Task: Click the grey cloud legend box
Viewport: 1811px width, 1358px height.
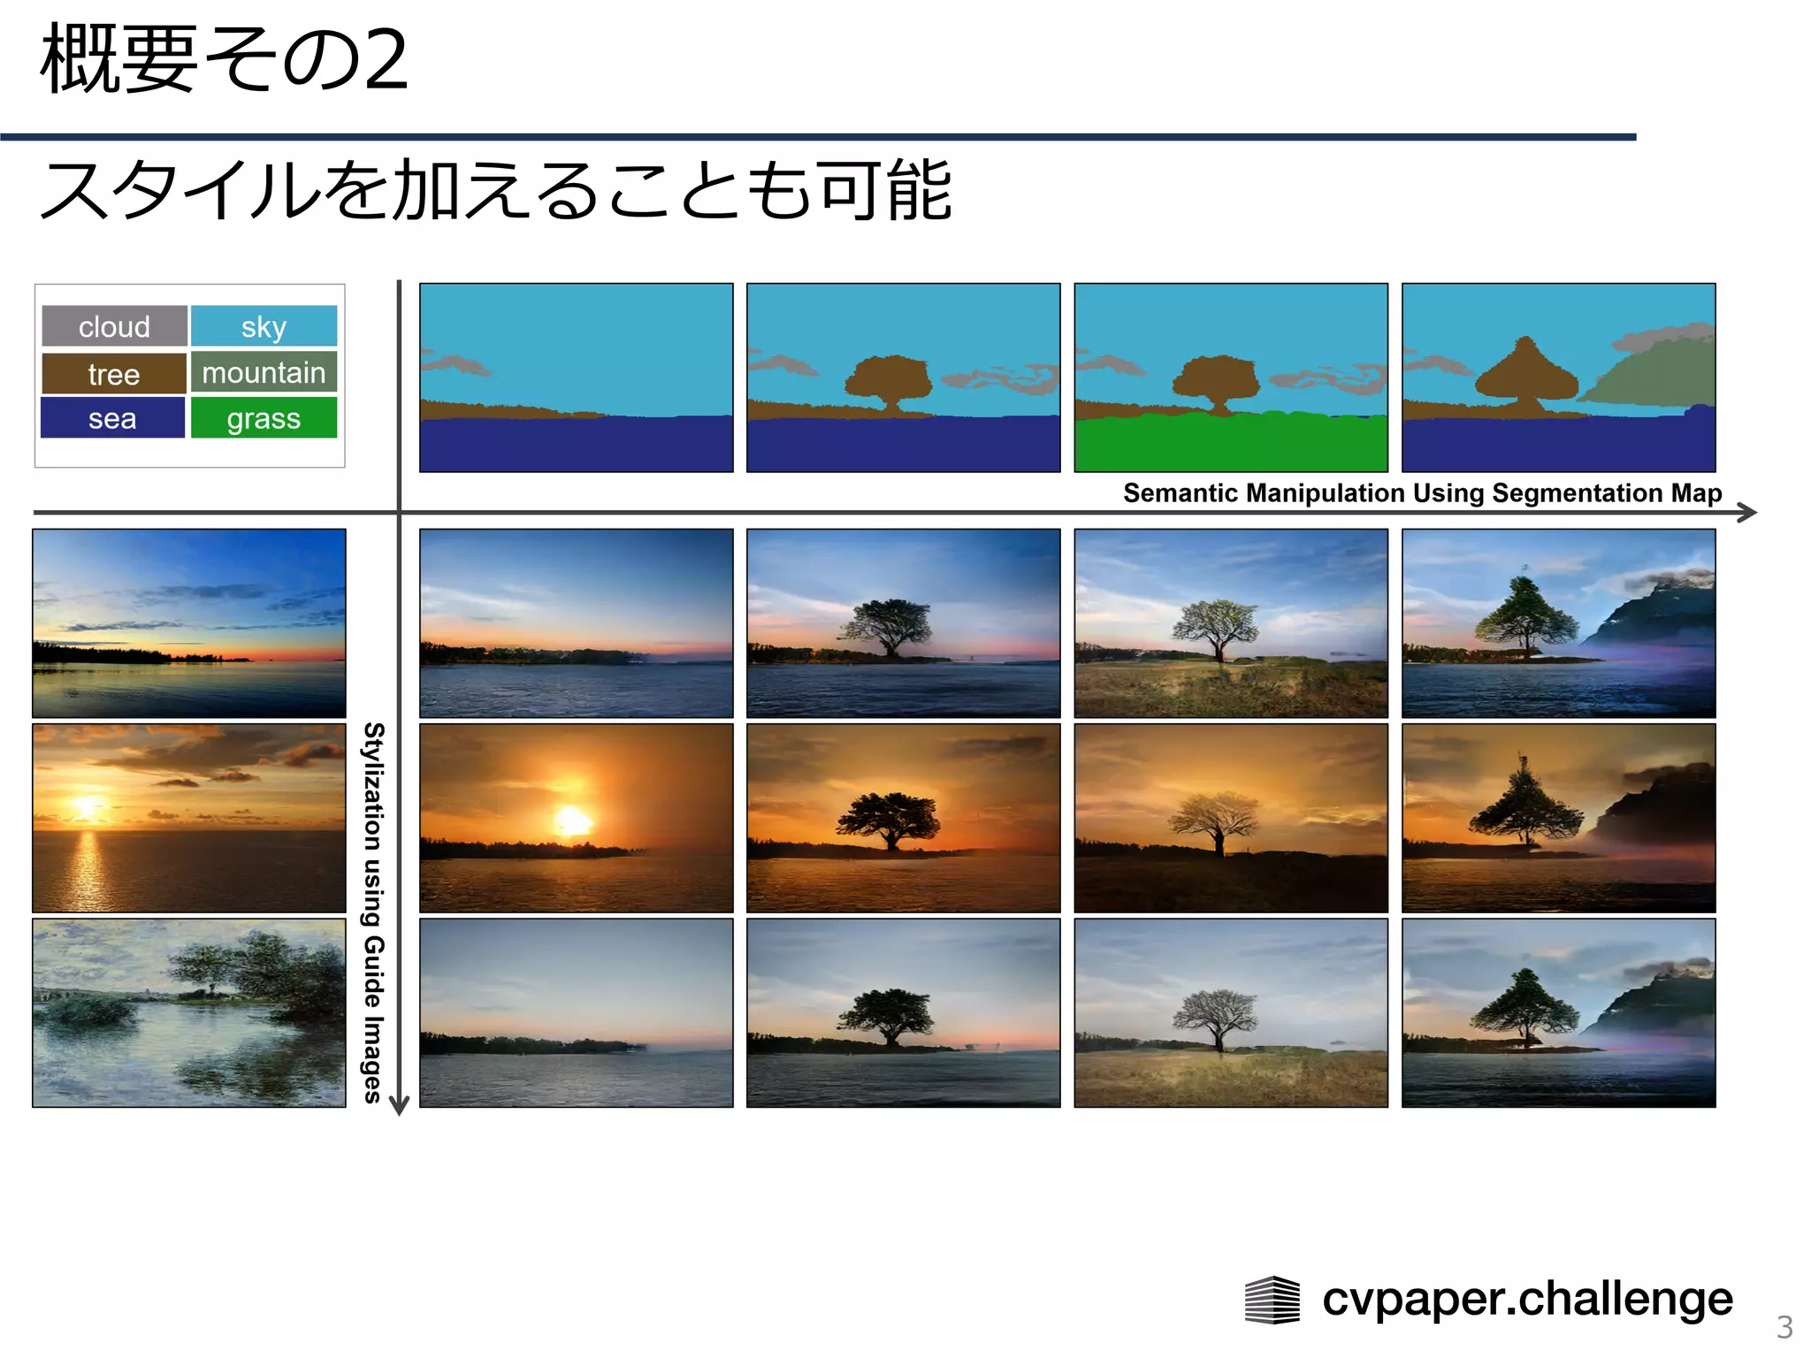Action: [x=114, y=326]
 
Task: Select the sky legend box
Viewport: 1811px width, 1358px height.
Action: [x=264, y=326]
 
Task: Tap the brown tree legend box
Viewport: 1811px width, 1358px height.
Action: [x=114, y=374]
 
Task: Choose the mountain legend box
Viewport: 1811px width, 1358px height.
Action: [x=264, y=372]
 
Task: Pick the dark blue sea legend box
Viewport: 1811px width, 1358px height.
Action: [x=112, y=418]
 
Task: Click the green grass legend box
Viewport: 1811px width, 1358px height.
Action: [x=264, y=418]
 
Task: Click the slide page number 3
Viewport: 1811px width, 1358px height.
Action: [x=1784, y=1327]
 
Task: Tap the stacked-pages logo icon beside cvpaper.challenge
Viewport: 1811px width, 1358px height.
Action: [x=1272, y=1300]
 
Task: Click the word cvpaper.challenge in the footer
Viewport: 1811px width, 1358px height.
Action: [x=1527, y=1299]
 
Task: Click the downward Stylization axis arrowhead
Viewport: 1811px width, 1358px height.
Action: [x=400, y=1105]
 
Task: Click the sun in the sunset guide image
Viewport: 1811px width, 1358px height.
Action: [x=88, y=807]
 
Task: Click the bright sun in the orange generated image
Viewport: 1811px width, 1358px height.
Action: [x=572, y=820]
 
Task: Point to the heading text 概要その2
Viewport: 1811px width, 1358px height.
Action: [x=225, y=59]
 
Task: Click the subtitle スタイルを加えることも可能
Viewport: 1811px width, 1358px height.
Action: [x=495, y=190]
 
